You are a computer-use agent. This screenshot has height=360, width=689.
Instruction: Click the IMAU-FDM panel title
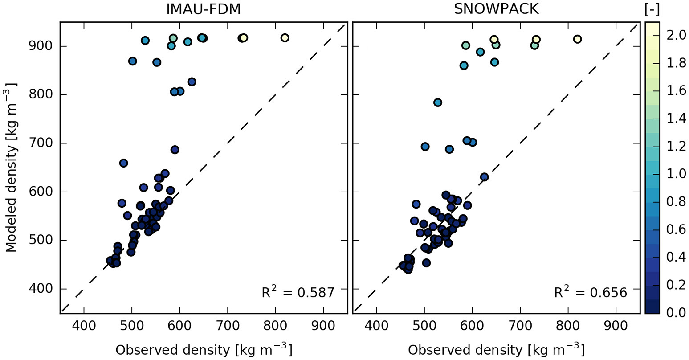pos(203,9)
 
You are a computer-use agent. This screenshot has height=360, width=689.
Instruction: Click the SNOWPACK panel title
pos(496,9)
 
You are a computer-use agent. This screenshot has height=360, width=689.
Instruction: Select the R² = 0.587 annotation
pos(298,292)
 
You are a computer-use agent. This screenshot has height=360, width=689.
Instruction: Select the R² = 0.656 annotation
pos(590,292)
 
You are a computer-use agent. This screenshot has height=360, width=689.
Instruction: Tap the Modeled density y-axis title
pos(11,167)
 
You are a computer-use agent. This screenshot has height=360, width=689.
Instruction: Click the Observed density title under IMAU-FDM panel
pos(204,350)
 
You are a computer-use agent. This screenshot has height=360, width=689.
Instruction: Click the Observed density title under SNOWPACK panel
pos(496,350)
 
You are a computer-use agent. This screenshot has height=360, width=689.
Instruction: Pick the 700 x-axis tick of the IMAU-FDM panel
pos(228,326)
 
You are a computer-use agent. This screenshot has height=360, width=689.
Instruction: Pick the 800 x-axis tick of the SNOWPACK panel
pos(568,326)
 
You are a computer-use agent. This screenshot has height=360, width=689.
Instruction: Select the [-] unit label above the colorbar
pos(652,9)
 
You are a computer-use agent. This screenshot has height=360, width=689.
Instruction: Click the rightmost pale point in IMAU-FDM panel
pos(285,38)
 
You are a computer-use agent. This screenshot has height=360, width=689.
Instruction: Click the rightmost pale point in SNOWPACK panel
pos(577,39)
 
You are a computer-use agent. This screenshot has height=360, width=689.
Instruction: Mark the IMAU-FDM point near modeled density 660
pos(123,163)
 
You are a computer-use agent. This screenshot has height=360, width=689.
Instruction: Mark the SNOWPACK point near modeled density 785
pos(437,102)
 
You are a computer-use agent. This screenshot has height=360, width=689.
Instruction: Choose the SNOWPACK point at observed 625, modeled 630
pos(484,177)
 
